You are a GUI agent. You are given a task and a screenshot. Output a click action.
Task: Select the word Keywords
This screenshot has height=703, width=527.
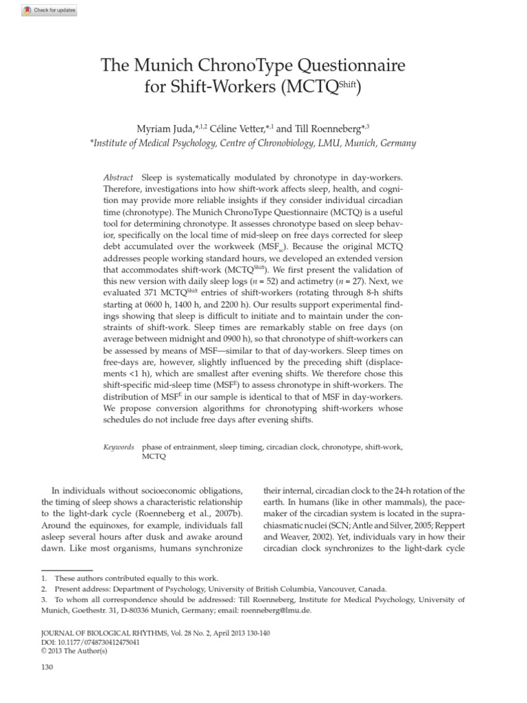pos(119,446)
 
